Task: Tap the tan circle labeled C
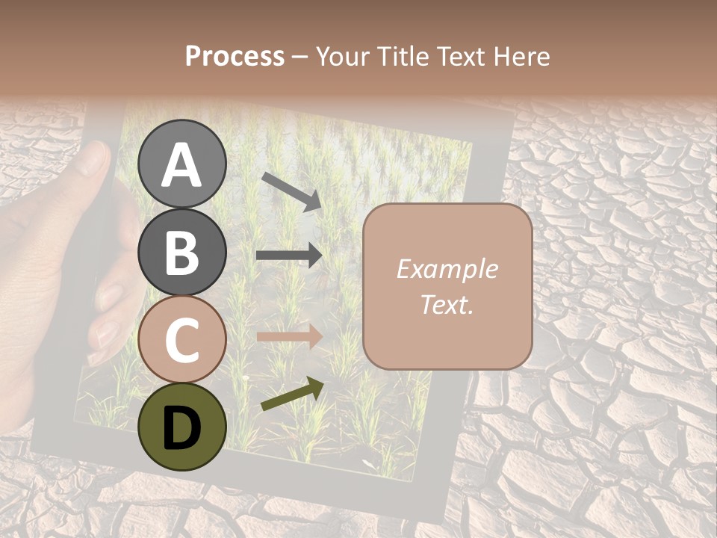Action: (181, 339)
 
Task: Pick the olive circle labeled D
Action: (181, 427)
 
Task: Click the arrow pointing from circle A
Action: (291, 191)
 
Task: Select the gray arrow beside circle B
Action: (289, 255)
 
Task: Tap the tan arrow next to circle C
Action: (289, 337)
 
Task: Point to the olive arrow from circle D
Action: (292, 394)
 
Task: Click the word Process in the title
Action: (235, 56)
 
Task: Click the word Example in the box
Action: (447, 269)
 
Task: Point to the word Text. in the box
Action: (447, 305)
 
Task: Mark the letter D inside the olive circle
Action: (181, 427)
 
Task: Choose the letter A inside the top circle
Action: (181, 164)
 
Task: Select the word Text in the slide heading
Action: (459, 56)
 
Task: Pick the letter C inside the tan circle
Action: (181, 340)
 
